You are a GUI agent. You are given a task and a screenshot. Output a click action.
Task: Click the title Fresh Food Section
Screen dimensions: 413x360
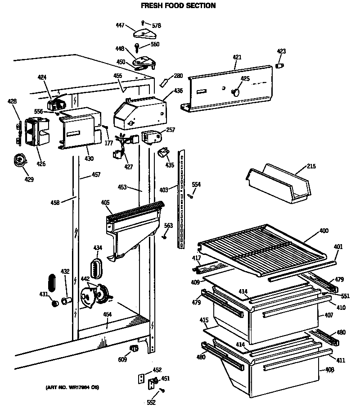point(178,6)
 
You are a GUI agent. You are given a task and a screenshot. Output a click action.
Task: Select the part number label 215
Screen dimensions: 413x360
point(311,166)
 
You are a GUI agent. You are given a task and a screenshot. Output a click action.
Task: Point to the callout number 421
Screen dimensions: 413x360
point(237,57)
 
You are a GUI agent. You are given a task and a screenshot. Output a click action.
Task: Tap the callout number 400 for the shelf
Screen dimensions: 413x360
point(324,231)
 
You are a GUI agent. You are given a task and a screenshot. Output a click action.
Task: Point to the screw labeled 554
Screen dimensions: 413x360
point(190,195)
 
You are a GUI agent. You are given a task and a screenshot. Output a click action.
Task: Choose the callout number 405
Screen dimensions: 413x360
point(105,203)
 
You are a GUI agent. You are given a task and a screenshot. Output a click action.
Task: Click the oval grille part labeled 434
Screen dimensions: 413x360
point(96,269)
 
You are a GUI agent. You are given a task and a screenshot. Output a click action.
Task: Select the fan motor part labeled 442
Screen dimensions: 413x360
point(95,295)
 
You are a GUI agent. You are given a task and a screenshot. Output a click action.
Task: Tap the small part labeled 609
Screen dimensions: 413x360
point(134,349)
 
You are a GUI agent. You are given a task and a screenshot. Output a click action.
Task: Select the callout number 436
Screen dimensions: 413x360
point(178,91)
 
